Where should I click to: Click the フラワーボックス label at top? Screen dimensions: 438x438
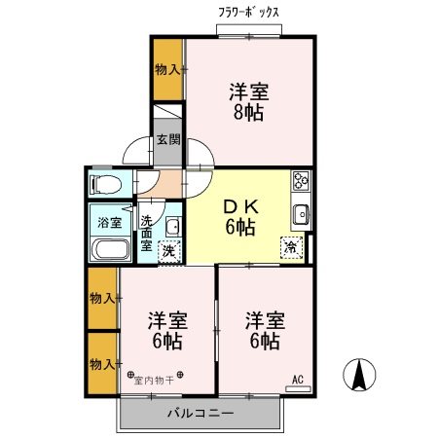point(249,14)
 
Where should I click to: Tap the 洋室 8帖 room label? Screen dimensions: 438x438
point(249,101)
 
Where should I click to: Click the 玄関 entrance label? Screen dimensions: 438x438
point(167,139)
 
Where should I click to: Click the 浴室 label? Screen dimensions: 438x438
point(109,223)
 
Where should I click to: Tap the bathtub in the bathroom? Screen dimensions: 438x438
point(110,249)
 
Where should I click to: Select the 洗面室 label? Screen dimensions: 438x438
point(147,233)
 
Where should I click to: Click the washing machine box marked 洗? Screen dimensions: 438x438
point(168,251)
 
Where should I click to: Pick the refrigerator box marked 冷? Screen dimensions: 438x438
point(291,247)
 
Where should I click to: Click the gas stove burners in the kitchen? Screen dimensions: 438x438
point(300,180)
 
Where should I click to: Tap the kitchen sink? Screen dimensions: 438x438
point(300,215)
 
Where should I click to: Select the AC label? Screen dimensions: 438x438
point(298,380)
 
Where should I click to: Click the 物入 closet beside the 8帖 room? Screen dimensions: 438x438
point(168,68)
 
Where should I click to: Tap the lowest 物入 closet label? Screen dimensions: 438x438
point(102,363)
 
